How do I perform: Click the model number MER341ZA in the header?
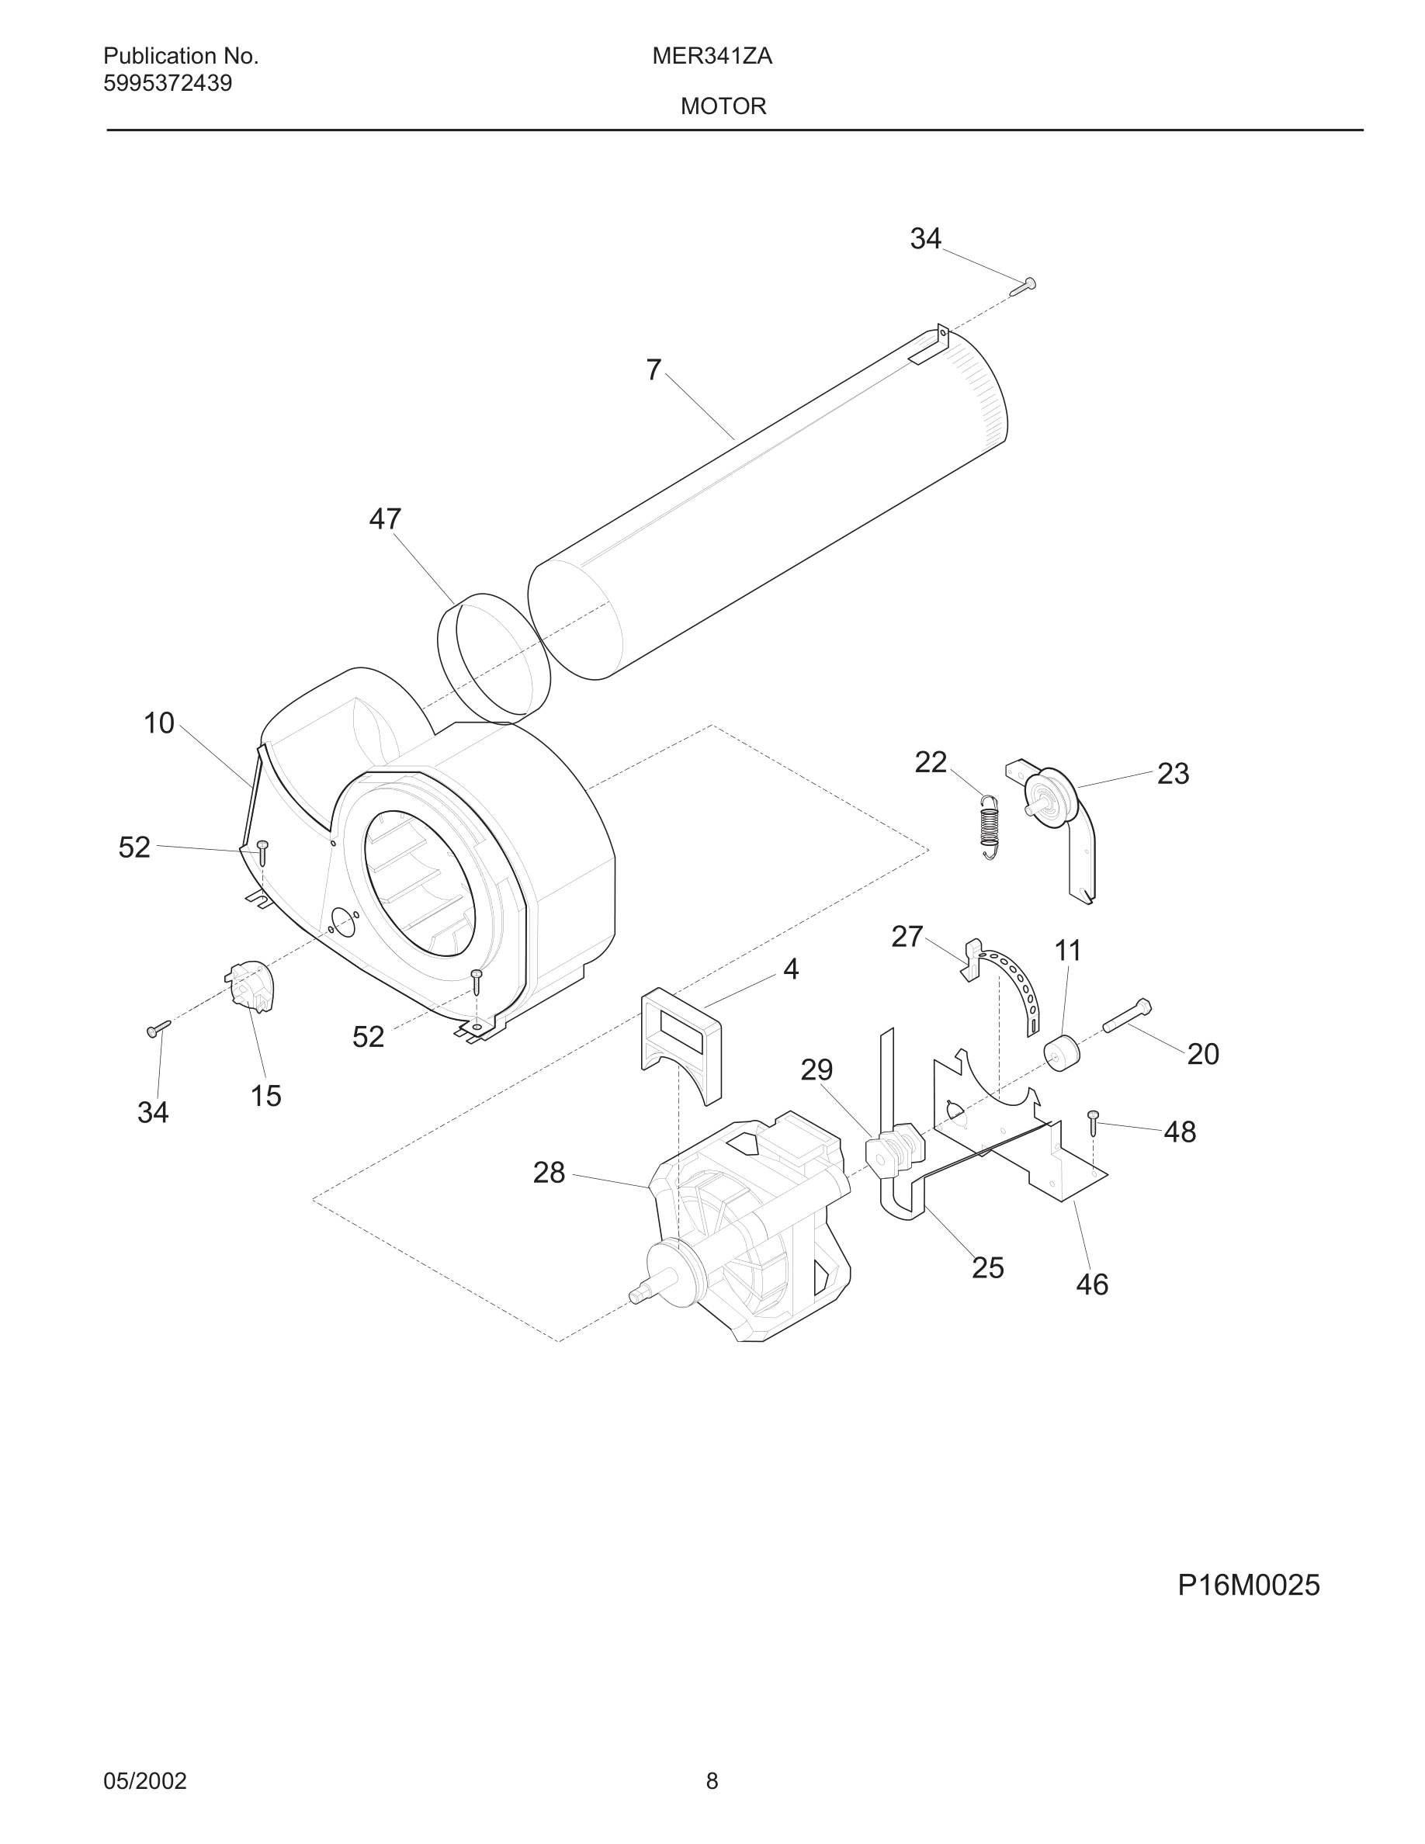point(712,57)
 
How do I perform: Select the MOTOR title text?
point(723,106)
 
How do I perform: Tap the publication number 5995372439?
point(167,84)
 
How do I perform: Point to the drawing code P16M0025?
point(1248,1586)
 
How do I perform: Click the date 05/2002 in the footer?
point(144,1780)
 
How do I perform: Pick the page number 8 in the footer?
point(712,1780)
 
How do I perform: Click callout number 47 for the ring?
point(385,518)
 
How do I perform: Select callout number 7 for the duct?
point(654,370)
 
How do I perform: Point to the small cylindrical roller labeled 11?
point(1062,1052)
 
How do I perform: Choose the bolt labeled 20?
point(1127,1016)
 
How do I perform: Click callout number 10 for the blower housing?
point(158,723)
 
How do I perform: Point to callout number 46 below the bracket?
point(1091,1284)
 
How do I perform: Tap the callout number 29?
point(817,1069)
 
